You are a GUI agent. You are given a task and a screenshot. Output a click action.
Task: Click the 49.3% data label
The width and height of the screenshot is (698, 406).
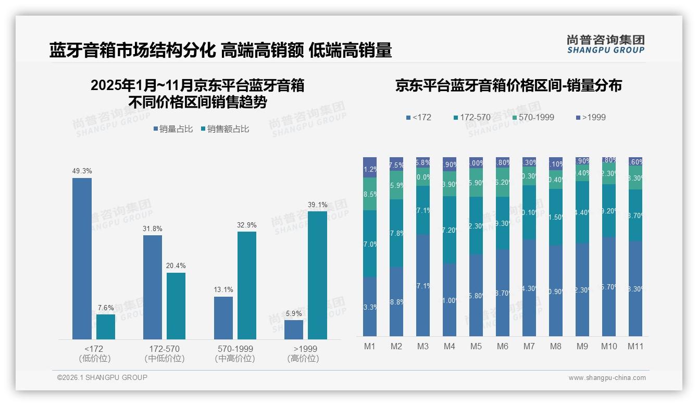(x=82, y=171)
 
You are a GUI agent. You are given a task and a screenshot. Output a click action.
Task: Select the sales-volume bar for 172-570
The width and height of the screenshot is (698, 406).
(x=153, y=287)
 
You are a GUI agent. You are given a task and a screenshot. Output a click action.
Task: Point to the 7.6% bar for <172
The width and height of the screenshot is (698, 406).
(x=106, y=327)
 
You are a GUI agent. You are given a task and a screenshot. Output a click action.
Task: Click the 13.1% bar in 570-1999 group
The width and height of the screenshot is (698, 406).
(x=223, y=318)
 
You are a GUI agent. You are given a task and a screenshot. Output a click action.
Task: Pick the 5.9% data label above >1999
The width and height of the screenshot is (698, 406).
(x=294, y=313)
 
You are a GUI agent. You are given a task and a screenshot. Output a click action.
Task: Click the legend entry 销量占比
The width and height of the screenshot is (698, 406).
(x=173, y=129)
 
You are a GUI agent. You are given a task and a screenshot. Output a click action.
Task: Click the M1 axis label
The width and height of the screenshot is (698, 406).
(x=369, y=346)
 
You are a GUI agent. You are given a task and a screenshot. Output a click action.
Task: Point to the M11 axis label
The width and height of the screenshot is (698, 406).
(x=635, y=346)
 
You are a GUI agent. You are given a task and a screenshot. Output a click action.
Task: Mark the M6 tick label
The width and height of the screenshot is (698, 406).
(x=502, y=346)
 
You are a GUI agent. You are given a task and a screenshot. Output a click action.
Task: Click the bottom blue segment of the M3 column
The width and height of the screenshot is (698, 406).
(x=422, y=285)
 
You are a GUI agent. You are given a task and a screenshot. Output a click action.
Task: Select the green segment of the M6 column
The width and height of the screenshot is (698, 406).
(x=502, y=182)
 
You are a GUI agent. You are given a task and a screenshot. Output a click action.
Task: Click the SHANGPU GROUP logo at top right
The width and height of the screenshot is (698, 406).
(x=605, y=44)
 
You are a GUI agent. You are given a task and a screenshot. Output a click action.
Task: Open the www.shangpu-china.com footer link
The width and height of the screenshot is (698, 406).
(x=607, y=378)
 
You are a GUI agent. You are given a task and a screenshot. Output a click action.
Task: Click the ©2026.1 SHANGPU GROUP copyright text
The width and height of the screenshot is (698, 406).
(x=102, y=377)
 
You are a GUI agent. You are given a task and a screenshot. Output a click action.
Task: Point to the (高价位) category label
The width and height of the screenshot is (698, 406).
(x=303, y=359)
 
